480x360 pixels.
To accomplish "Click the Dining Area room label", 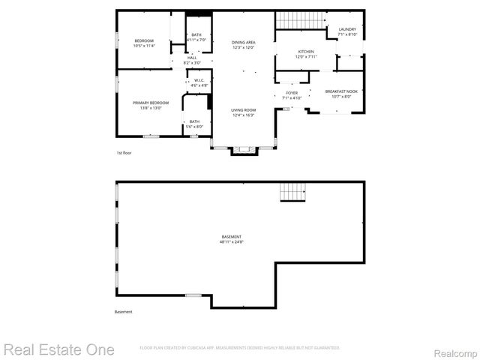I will pyautogui.click(x=243, y=42).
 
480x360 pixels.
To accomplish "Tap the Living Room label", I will pyautogui.click(x=243, y=109).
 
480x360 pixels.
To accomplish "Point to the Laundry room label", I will pyautogui.click(x=347, y=29).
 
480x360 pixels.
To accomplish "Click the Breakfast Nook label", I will pyautogui.click(x=341, y=91).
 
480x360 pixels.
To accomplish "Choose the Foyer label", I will pyautogui.click(x=292, y=93).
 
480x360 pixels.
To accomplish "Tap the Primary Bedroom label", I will pyautogui.click(x=151, y=103).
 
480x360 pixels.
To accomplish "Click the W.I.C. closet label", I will pyautogui.click(x=199, y=80).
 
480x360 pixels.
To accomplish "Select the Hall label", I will pyautogui.click(x=192, y=57).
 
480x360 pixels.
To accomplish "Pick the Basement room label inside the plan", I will pyautogui.click(x=231, y=237).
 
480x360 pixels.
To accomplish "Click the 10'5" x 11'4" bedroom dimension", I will pyautogui.click(x=143, y=46).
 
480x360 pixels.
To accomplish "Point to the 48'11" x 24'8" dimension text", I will pyautogui.click(x=231, y=242).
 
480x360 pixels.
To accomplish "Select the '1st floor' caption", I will pyautogui.click(x=124, y=153).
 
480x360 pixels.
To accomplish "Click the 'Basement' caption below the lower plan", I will pyautogui.click(x=123, y=312).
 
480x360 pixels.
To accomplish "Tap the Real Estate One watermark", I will pyautogui.click(x=59, y=349).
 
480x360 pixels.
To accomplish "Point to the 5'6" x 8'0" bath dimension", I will pyautogui.click(x=195, y=127).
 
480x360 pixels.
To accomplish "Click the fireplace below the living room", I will pyautogui.click(x=243, y=150).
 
